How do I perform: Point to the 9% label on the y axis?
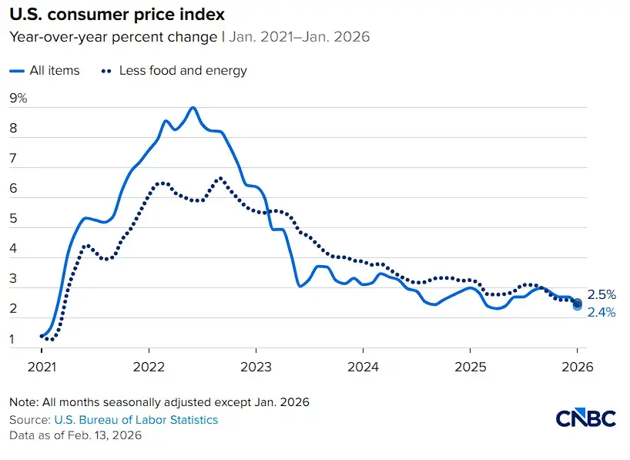pyautogui.click(x=18, y=99)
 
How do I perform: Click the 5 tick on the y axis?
pyautogui.click(x=14, y=219)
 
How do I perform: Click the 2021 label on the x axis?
pyautogui.click(x=42, y=368)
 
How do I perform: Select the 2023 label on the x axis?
pyautogui.click(x=256, y=368)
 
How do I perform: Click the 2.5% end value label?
pyautogui.click(x=602, y=295)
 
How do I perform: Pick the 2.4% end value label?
pyautogui.click(x=602, y=313)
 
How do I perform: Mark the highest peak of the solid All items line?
pyautogui.click(x=193, y=108)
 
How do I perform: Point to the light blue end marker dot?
pyautogui.click(x=578, y=307)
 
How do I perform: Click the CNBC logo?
pyautogui.click(x=586, y=418)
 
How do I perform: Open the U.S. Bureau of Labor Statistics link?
pyautogui.click(x=136, y=420)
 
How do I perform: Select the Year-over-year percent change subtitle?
pyautogui.click(x=114, y=36)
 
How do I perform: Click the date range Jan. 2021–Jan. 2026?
pyautogui.click(x=297, y=36)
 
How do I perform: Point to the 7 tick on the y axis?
pyautogui.click(x=14, y=159)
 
